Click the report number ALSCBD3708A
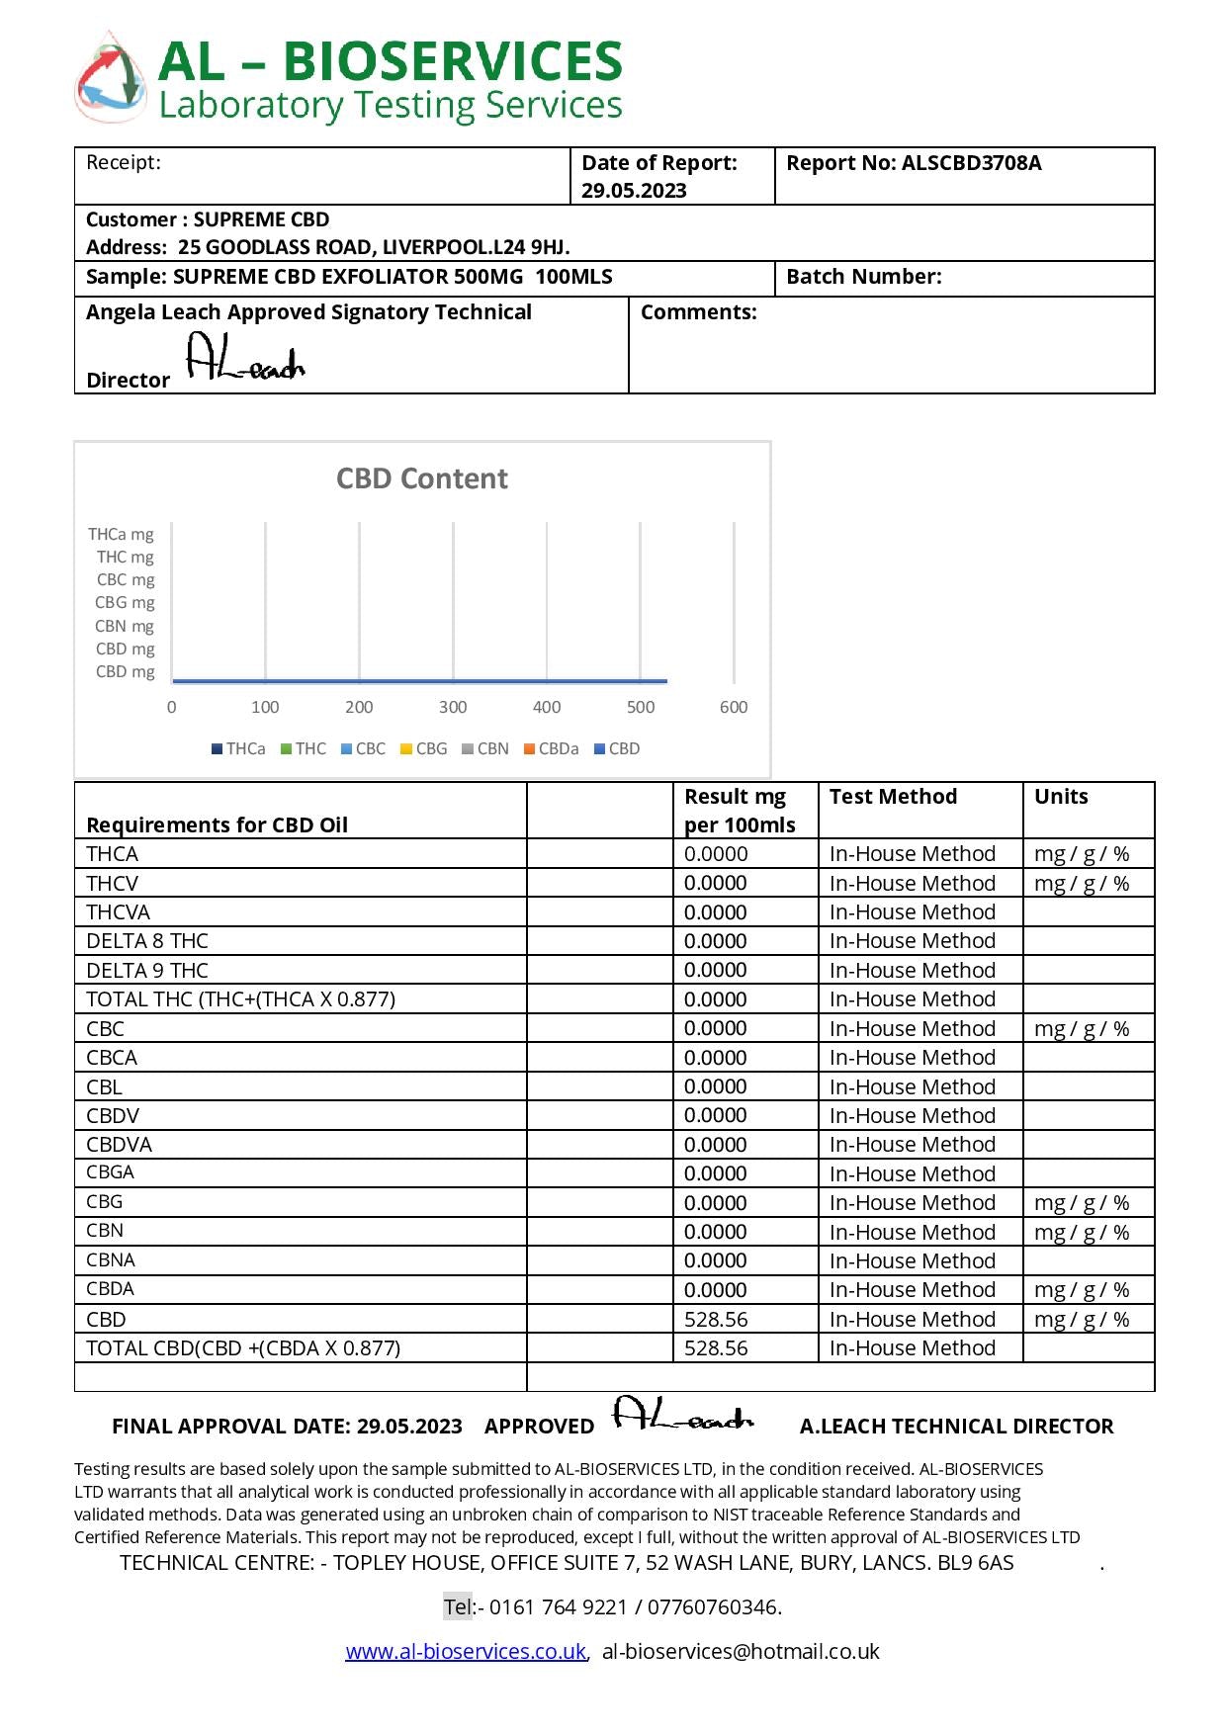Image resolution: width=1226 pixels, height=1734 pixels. pos(970,163)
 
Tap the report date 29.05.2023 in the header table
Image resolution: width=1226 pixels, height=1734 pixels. pos(633,191)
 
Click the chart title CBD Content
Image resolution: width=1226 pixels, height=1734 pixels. pos(421,478)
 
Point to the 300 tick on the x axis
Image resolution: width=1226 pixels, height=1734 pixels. pos(453,707)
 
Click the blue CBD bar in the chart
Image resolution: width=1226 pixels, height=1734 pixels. pos(419,680)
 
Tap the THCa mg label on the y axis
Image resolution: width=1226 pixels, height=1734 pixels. pos(121,534)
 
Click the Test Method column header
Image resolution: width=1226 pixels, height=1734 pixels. pos(893,797)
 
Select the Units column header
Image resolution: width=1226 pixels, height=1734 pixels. pos(1061,797)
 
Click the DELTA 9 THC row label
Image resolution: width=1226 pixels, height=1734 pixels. pos(147,970)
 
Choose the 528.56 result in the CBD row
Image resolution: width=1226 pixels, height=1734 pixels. pos(716,1319)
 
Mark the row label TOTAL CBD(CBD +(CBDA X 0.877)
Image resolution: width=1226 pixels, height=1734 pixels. pos(243,1347)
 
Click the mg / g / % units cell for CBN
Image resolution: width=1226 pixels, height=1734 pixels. pos(1082,1232)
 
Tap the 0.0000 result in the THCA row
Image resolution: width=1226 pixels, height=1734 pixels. pos(716,853)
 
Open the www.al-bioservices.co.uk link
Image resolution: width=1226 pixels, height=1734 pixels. pos(465,1651)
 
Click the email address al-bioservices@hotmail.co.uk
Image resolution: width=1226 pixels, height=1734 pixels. pos(741,1651)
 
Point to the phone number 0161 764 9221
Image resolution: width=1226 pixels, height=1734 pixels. pos(559,1606)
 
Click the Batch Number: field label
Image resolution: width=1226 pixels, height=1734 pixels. pos(863,277)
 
